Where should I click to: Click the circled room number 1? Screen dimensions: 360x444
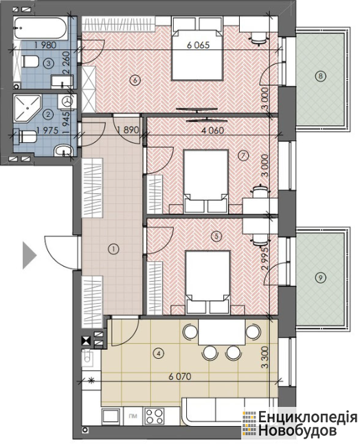113,249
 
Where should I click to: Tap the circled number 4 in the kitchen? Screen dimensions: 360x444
159,353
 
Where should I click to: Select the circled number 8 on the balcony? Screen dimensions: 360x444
321,76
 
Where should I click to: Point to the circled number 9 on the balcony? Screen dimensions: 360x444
320,278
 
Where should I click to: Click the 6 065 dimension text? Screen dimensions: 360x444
198,45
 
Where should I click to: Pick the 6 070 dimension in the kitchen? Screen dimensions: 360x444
180,377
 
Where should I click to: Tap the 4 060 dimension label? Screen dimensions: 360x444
212,131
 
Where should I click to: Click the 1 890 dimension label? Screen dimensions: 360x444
128,130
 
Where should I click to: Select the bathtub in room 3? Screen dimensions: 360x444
41,29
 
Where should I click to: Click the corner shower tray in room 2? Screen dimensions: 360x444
27,109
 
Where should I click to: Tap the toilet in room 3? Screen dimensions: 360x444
30,61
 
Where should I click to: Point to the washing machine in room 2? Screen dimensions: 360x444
67,102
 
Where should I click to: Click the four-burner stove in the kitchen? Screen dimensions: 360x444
155,416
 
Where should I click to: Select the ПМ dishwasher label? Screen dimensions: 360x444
133,416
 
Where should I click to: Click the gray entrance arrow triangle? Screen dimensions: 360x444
30,255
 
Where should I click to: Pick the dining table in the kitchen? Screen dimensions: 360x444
222,332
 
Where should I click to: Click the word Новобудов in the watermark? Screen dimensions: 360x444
297,430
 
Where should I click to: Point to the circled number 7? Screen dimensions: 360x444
243,155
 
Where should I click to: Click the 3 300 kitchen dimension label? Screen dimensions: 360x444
265,358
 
